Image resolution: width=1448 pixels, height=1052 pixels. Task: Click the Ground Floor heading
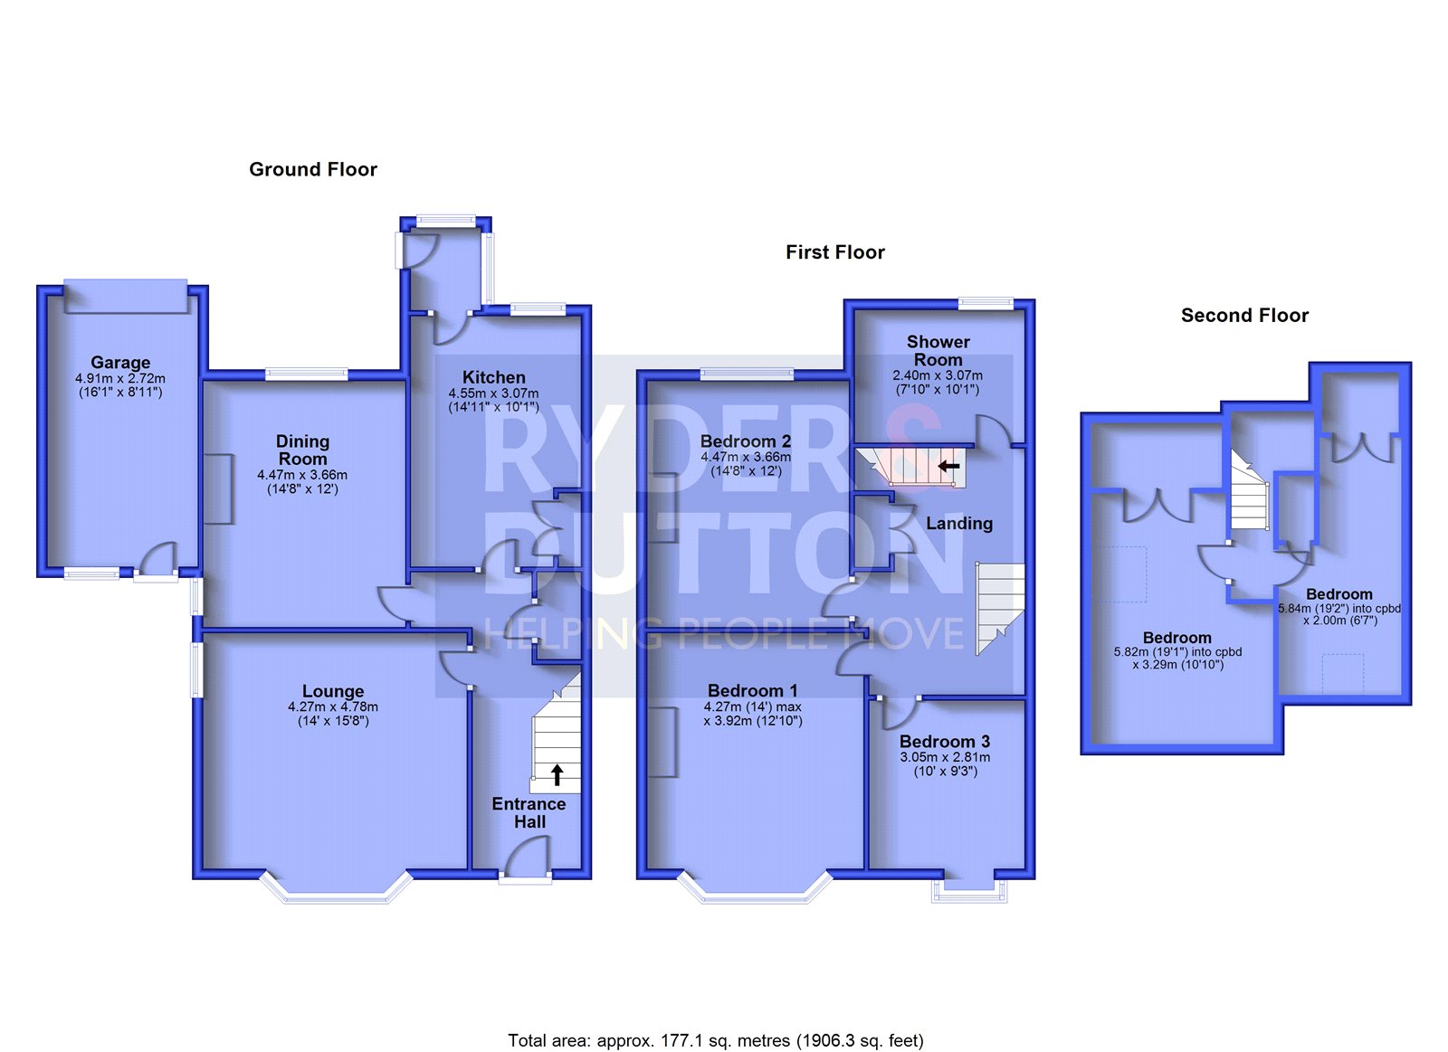click(313, 169)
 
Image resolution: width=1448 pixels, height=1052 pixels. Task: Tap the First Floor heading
click(835, 252)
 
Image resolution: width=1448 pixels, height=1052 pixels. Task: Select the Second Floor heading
click(1244, 316)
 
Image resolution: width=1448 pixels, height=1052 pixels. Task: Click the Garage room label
click(120, 363)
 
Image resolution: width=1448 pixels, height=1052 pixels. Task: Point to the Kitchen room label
click(494, 377)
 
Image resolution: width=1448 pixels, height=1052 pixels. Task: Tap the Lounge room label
click(333, 691)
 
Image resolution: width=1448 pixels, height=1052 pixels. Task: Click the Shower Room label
click(938, 350)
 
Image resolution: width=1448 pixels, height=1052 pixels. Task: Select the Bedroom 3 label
click(945, 741)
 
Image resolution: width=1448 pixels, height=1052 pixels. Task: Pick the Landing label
click(959, 524)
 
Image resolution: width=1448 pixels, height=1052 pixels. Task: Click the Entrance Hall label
click(529, 813)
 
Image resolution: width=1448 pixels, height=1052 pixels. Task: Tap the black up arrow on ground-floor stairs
click(557, 775)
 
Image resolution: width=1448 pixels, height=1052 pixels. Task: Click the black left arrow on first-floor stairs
click(949, 465)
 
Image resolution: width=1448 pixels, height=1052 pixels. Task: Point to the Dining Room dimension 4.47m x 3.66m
click(302, 475)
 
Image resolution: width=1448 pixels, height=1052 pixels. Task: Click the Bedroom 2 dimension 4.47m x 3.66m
click(746, 457)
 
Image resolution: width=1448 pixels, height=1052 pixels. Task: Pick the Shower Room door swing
click(992, 431)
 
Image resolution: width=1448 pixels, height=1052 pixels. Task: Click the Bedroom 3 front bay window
click(969, 889)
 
